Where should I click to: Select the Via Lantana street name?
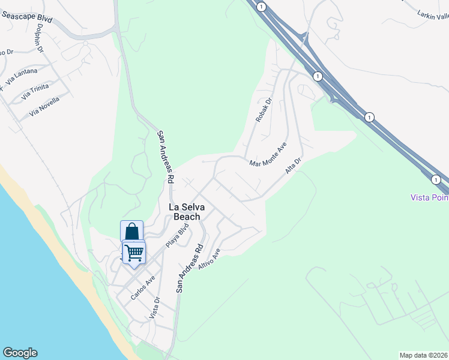(21, 76)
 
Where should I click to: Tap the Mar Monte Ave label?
(268, 154)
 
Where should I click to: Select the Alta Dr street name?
(292, 167)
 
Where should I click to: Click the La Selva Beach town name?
(187, 212)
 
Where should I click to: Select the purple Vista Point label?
(429, 197)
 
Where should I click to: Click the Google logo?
(20, 353)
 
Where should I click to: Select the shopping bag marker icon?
(131, 231)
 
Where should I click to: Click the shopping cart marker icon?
(134, 251)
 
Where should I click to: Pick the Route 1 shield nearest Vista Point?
(436, 179)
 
